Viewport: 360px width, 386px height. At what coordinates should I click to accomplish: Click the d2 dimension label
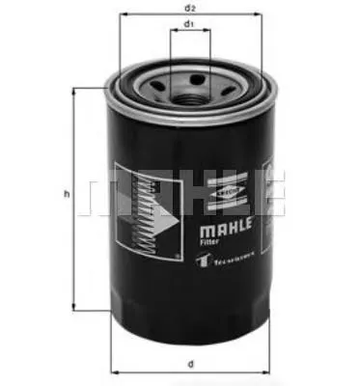(189, 8)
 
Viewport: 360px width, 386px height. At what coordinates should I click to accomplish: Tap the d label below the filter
(190, 365)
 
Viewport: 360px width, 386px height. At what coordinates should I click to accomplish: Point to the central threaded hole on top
(190, 90)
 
